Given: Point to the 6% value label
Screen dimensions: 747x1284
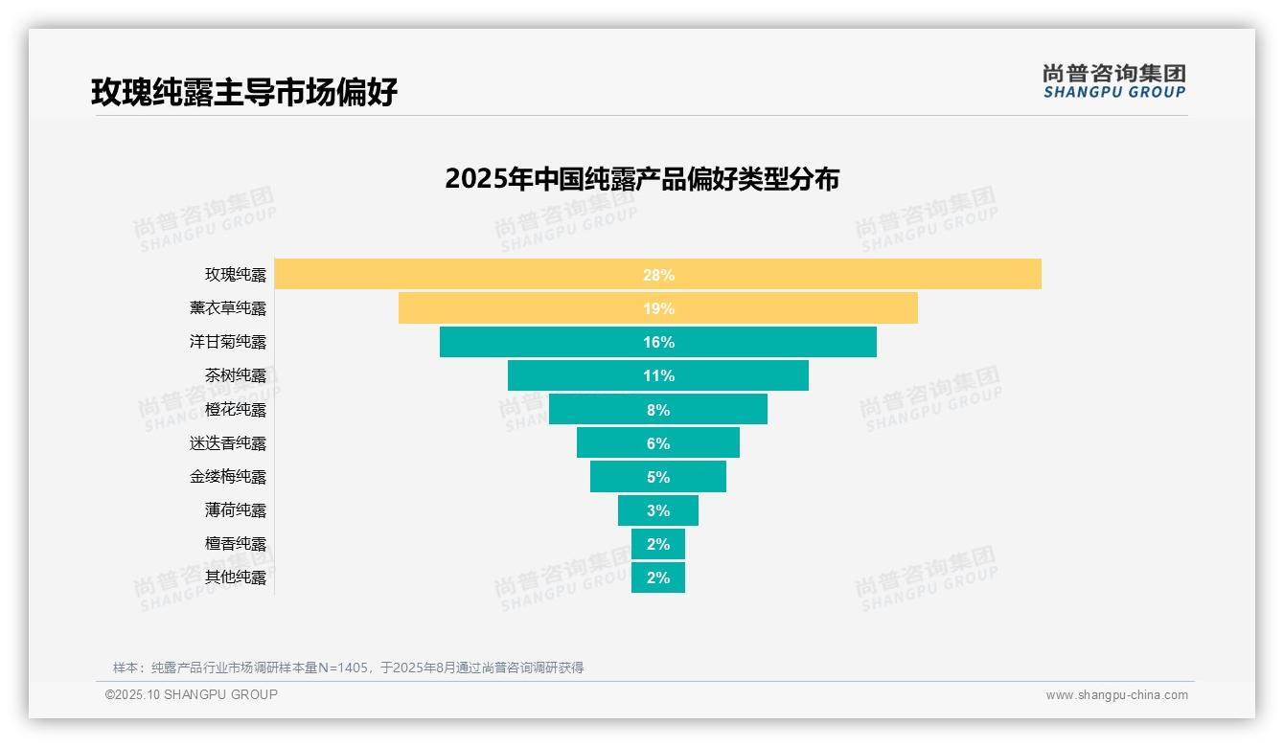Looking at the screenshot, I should point(658,443).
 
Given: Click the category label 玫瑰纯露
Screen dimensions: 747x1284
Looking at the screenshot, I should point(236,275).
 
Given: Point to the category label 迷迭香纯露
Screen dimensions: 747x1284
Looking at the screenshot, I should point(228,443).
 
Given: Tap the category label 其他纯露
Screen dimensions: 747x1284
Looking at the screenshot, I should point(236,577).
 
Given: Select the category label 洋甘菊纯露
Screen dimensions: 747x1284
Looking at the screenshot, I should point(228,342).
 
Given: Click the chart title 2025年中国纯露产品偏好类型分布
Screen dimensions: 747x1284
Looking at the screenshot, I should point(642,179).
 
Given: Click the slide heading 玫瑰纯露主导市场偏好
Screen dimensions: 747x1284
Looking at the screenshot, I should point(244,92).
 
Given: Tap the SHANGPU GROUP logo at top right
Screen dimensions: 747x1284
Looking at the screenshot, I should point(1113,81).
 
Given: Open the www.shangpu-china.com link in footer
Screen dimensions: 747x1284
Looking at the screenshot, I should point(1116,695).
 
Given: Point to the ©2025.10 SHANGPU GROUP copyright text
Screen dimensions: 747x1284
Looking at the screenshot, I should point(192,694).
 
